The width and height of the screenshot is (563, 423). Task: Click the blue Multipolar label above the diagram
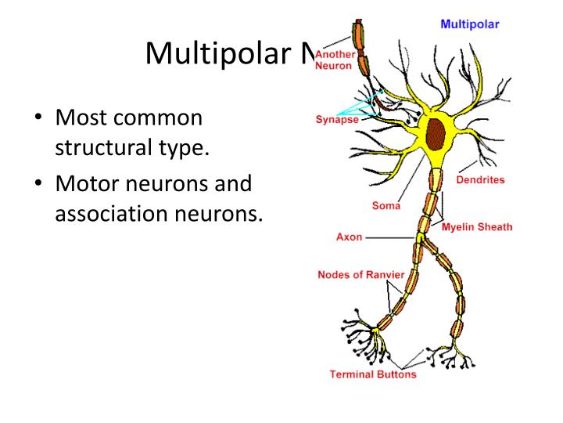470,24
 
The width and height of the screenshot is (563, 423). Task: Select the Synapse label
337,120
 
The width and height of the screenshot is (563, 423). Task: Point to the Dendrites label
480,179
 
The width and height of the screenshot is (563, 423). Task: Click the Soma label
385,206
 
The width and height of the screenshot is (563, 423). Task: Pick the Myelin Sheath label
477,227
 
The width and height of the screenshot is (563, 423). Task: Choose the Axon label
349,237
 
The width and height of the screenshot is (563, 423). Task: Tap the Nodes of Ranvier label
360,275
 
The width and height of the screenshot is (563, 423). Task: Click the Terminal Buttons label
373,374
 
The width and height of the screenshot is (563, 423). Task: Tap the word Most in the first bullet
76,119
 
